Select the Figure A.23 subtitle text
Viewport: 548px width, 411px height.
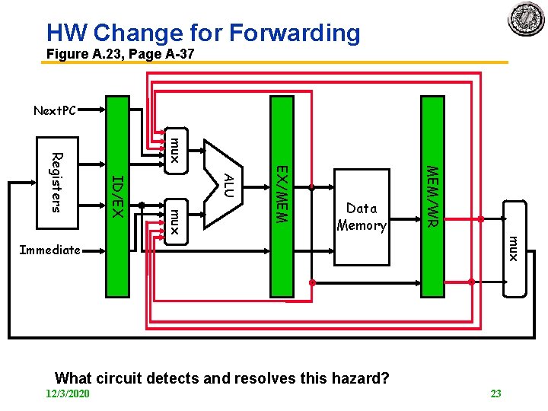(x=120, y=54)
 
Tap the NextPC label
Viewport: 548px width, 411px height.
(x=55, y=111)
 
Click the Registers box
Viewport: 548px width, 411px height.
(x=56, y=182)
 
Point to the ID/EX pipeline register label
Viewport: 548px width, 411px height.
(x=117, y=195)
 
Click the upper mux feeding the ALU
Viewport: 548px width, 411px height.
(x=174, y=149)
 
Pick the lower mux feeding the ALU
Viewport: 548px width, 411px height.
(x=174, y=221)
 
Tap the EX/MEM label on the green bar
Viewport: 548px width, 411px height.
(x=281, y=194)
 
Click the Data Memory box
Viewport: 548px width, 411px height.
(x=362, y=217)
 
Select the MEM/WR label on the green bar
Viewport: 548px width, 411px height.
(x=431, y=196)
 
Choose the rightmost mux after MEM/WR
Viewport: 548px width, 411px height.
(x=514, y=248)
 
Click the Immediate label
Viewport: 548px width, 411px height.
(x=49, y=250)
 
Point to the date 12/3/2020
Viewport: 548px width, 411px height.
(x=68, y=393)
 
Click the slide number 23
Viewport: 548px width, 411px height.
(x=495, y=393)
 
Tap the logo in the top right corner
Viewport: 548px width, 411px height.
(x=527, y=18)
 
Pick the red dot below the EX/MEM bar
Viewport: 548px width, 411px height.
(x=311, y=282)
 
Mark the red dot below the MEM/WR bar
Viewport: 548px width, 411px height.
(x=470, y=282)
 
